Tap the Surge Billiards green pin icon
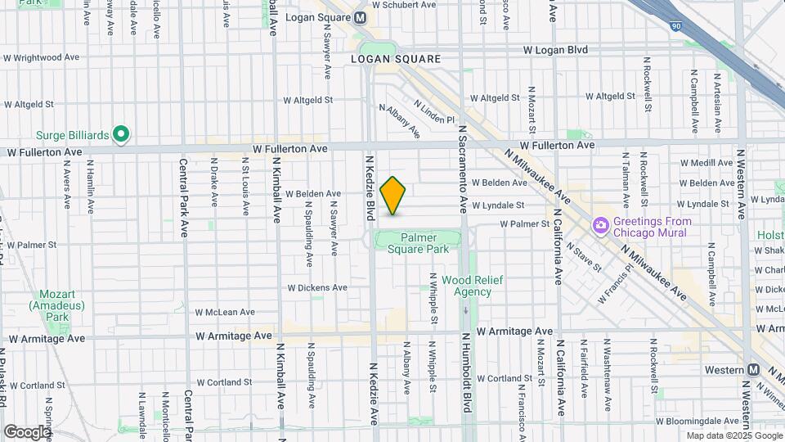pyautogui.click(x=121, y=133)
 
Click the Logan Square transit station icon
pyautogui.click(x=361, y=18)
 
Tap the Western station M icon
pyautogui.click(x=751, y=370)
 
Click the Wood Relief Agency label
pyautogui.click(x=472, y=286)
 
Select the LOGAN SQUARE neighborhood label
pyautogui.click(x=395, y=59)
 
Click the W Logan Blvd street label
pyautogui.click(x=555, y=50)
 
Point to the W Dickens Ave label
pyautogui.click(x=317, y=288)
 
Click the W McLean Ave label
pyautogui.click(x=225, y=312)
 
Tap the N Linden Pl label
pyautogui.click(x=433, y=112)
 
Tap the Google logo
pyautogui.click(x=26, y=431)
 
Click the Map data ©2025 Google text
pyautogui.click(x=733, y=435)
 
